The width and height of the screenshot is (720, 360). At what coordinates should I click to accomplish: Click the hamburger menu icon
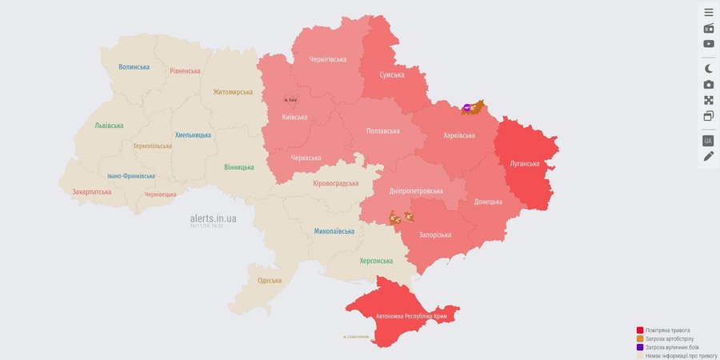click(x=709, y=13)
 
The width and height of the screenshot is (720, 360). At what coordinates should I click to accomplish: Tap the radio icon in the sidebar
click(x=709, y=29)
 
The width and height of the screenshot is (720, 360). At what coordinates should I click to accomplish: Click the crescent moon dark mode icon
click(x=709, y=69)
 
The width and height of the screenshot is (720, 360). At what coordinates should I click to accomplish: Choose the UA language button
click(x=708, y=141)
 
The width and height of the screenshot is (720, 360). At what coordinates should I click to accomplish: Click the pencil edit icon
click(x=709, y=156)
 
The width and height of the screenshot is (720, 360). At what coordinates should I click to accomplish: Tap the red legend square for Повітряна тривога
click(x=640, y=330)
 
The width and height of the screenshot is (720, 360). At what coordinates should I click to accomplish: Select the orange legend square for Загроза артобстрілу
click(x=640, y=338)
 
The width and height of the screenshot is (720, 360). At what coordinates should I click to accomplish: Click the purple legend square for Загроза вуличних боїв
click(x=640, y=347)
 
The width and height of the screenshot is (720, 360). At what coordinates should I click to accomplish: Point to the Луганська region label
click(x=525, y=164)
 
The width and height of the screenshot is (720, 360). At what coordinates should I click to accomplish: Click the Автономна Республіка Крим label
click(x=400, y=317)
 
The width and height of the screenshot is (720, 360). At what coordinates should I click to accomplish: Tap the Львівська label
click(x=109, y=126)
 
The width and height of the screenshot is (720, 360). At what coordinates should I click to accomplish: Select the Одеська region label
click(x=270, y=281)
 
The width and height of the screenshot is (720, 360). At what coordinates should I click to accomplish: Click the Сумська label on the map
click(x=392, y=75)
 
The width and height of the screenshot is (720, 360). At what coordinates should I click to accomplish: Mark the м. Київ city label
click(x=291, y=100)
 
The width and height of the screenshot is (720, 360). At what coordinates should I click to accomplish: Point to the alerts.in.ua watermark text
click(x=213, y=218)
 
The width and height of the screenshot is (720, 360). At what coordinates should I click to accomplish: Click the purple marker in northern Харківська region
click(x=466, y=107)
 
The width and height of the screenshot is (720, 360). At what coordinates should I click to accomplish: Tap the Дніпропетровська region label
click(x=416, y=191)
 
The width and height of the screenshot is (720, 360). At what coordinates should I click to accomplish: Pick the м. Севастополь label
click(x=356, y=337)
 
